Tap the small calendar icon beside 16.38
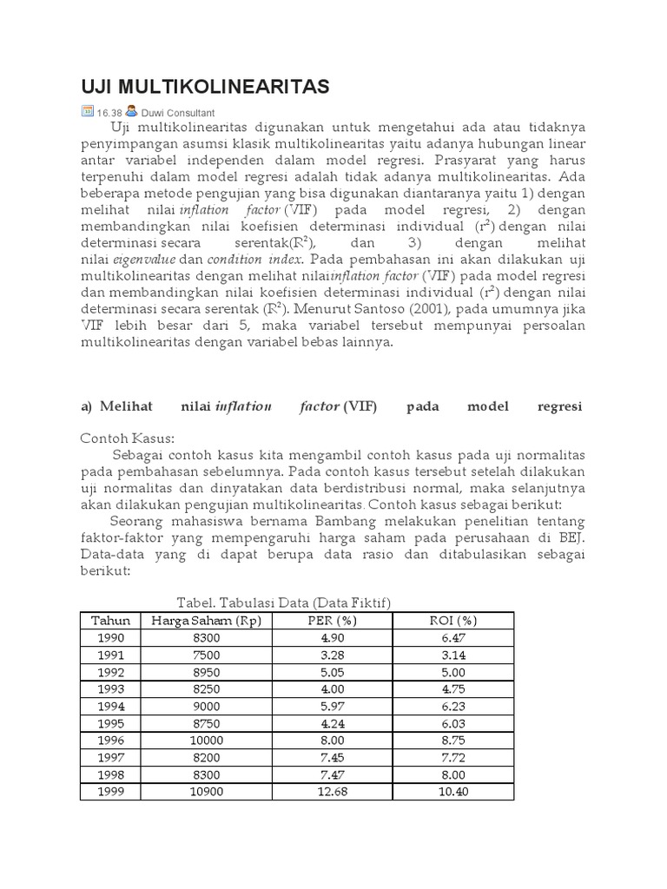tap(87, 111)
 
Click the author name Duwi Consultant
tap(177, 112)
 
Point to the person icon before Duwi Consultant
tap(130, 111)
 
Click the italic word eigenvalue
tap(142, 259)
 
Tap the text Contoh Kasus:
tap(128, 438)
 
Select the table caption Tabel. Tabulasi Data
tap(284, 603)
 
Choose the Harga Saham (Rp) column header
tap(206, 620)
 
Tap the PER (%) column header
tap(333, 620)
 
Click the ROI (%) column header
tap(452, 620)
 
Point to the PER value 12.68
tap(333, 792)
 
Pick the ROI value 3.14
tap(452, 654)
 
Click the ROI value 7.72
tap(452, 757)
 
